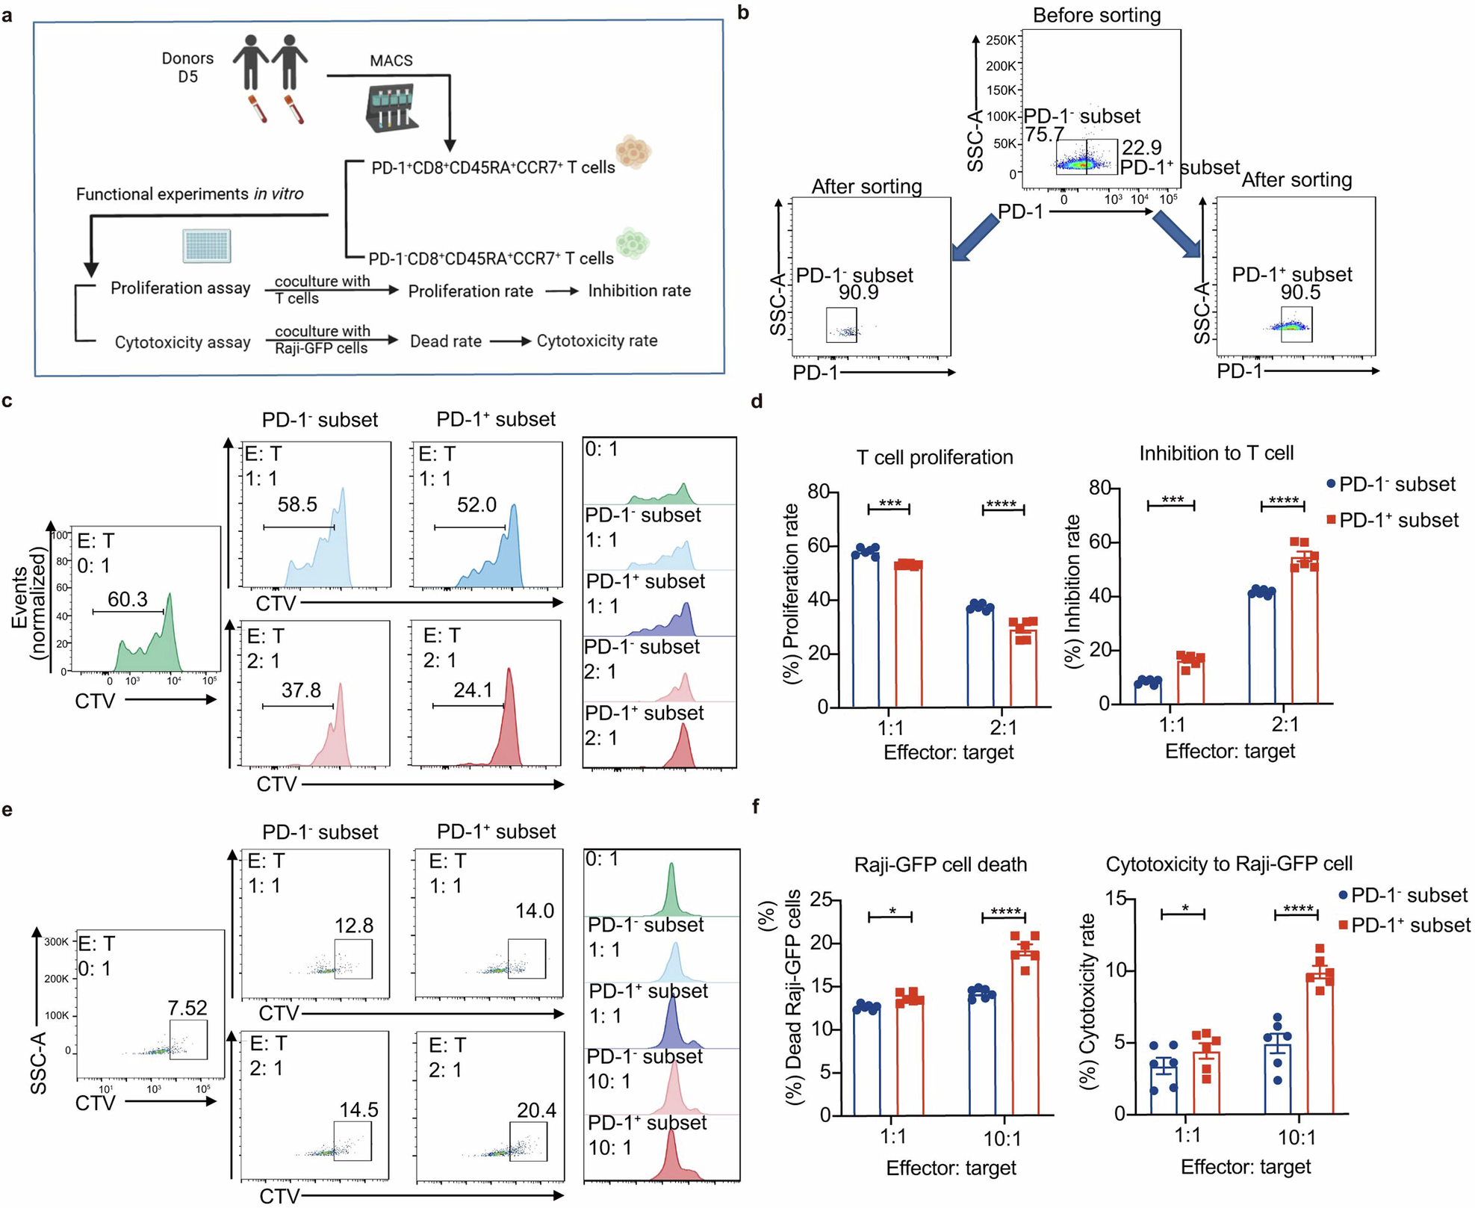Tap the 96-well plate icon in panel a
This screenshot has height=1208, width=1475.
coord(207,246)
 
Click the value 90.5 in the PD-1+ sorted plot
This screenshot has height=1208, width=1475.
coord(1300,293)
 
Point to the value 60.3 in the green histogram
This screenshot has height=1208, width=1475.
coord(128,599)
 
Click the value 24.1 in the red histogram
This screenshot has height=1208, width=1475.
coord(473,690)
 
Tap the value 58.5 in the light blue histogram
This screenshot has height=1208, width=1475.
coord(297,505)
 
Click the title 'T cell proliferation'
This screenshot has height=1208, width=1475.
coord(934,457)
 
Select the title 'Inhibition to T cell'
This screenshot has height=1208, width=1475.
coord(1216,453)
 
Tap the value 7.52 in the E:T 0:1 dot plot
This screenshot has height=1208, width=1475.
coord(187,1009)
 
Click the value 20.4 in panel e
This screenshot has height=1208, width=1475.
coord(536,1111)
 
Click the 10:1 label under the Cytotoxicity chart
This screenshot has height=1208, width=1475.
coord(1297,1138)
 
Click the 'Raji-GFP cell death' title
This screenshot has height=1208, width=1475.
coord(940,864)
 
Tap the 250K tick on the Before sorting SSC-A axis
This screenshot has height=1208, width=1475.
coord(1001,40)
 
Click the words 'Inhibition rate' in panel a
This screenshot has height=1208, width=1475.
coord(639,291)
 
